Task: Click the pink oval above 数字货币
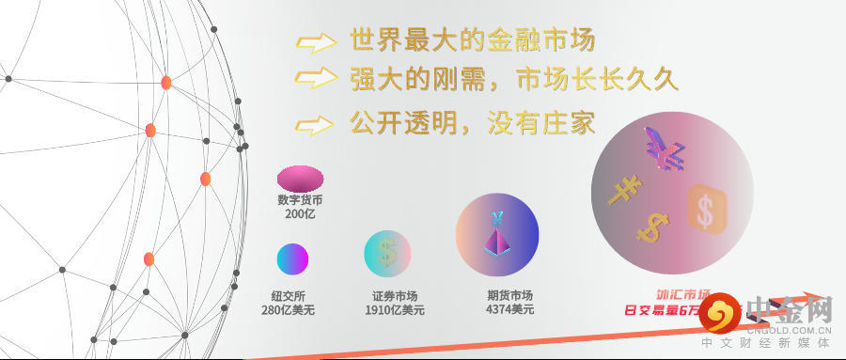(300, 178)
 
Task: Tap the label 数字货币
(300, 200)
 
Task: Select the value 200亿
(300, 214)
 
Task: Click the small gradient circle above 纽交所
(292, 258)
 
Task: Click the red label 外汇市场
(682, 294)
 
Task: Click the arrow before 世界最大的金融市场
(316, 42)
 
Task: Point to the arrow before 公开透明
(316, 124)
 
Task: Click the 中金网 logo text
(789, 309)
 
